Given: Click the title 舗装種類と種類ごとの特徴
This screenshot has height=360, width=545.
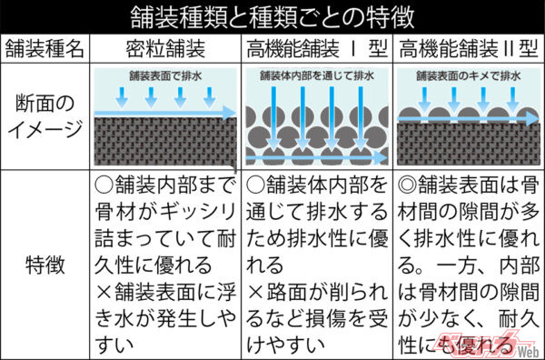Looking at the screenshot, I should pyautogui.click(x=272, y=16).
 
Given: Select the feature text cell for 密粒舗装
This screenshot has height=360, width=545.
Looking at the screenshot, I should pyautogui.click(x=166, y=264).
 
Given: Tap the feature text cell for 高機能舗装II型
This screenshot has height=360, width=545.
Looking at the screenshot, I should pyautogui.click(x=469, y=264).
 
